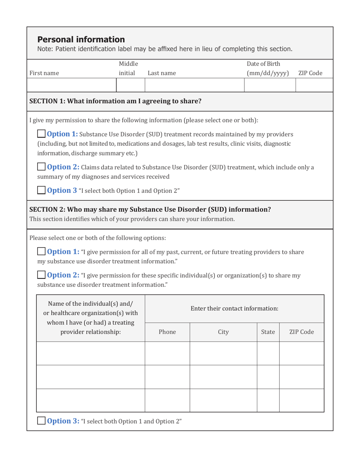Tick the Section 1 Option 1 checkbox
(x=41, y=134)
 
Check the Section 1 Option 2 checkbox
(x=41, y=167)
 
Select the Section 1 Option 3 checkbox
(x=41, y=190)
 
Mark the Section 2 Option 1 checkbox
(x=41, y=252)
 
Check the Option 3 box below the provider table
(x=41, y=421)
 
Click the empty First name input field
(x=72, y=85)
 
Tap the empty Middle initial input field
(x=130, y=85)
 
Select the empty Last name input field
(x=194, y=85)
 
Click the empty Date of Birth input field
(x=269, y=85)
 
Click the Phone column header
(x=167, y=332)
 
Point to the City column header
(x=223, y=332)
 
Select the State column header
(x=268, y=332)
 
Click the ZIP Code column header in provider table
(x=301, y=332)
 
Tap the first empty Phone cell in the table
(x=167, y=353)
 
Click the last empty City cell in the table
(x=223, y=400)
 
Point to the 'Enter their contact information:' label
(x=234, y=308)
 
